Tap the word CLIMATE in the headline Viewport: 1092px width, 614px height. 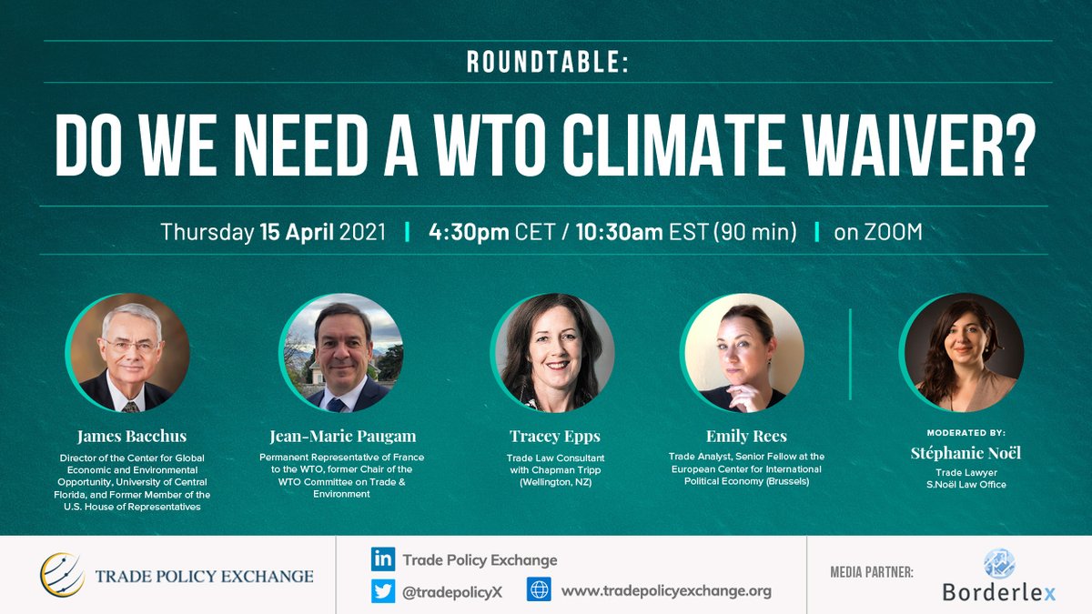click(715, 146)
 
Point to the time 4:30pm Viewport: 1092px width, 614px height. click(468, 232)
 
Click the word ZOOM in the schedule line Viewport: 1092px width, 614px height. click(891, 232)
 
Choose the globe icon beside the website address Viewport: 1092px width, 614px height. click(539, 590)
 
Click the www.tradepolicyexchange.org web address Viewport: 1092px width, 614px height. click(666, 590)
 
